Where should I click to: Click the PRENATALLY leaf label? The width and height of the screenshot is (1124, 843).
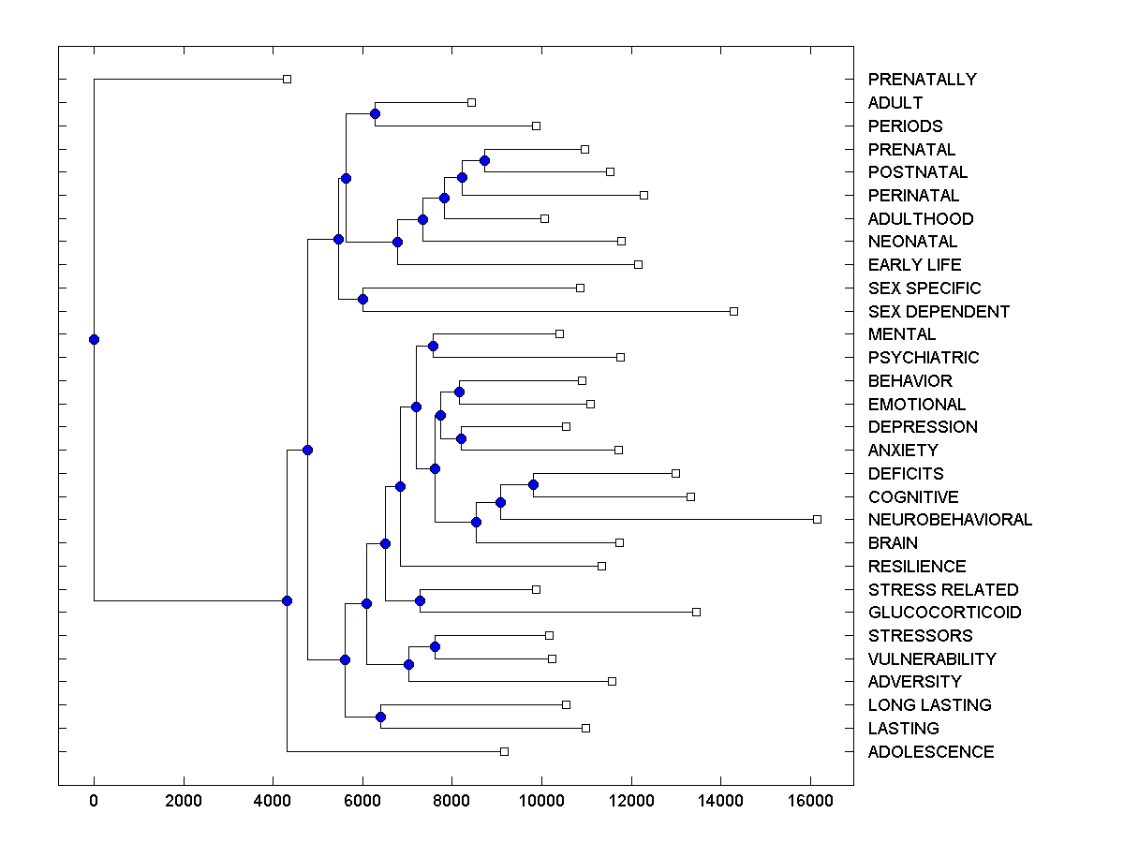922,80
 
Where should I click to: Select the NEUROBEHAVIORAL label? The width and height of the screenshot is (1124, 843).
950,520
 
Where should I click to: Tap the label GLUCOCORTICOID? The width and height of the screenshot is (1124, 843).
944,613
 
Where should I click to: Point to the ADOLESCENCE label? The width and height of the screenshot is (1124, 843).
931,752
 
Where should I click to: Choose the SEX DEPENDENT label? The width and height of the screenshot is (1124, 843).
939,312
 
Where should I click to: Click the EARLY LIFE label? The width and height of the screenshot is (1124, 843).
914,265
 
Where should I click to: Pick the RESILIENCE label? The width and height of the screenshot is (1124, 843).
917,567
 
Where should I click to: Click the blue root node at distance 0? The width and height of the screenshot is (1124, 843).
94,339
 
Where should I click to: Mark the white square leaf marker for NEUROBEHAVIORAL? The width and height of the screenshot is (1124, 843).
817,519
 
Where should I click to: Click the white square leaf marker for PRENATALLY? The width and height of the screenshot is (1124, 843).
288,79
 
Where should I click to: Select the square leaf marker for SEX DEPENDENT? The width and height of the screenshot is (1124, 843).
733,311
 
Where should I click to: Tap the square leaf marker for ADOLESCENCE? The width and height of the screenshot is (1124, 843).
504,751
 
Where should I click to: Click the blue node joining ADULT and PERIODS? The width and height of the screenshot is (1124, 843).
375,113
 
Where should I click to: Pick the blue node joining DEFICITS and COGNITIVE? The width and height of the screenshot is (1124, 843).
533,484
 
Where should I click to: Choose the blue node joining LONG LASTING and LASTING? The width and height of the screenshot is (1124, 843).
380,717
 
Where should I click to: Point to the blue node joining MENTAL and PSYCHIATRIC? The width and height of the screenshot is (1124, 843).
433,346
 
